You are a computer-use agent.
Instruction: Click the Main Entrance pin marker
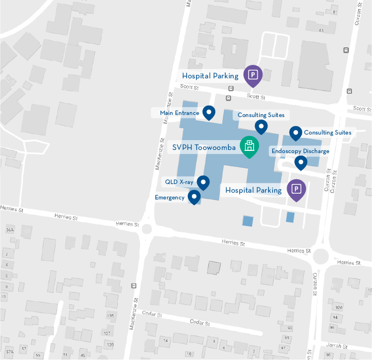click(x=208, y=112)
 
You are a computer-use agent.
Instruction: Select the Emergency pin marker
click(x=194, y=197)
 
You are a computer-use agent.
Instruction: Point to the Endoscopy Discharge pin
click(x=300, y=163)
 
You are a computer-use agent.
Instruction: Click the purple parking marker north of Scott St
click(x=253, y=75)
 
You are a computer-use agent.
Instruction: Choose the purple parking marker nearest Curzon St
click(x=296, y=189)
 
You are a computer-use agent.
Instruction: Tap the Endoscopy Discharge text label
click(x=300, y=151)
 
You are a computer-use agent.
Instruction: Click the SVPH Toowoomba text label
click(x=204, y=148)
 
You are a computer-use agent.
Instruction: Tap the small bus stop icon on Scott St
click(x=228, y=97)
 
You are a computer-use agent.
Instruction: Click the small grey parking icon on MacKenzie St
click(x=133, y=286)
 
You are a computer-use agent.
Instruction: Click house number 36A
click(x=9, y=230)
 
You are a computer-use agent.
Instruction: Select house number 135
click(x=110, y=316)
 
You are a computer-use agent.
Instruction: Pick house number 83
click(x=322, y=30)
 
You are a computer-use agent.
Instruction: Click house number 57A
click(x=9, y=352)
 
